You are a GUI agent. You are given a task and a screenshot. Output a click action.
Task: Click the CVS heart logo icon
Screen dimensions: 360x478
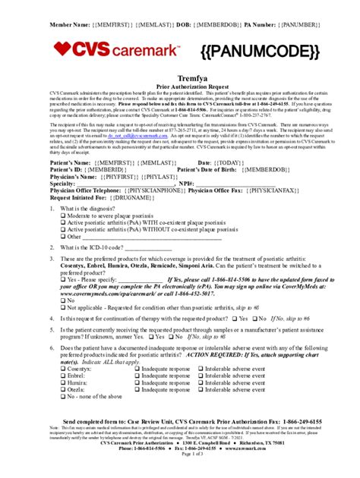(62, 50)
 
